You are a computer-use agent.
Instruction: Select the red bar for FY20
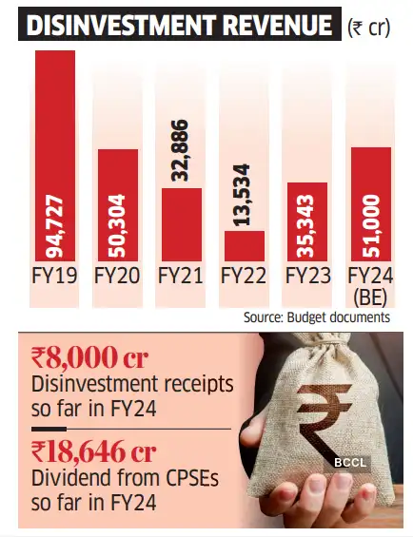click(x=118, y=204)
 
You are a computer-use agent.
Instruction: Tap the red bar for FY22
click(x=245, y=245)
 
